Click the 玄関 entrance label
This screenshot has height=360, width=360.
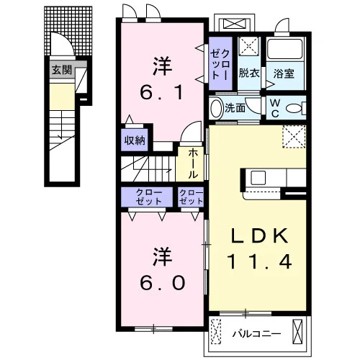(x=62, y=70)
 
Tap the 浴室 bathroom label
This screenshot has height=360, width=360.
(x=284, y=73)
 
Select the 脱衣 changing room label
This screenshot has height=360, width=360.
(x=249, y=73)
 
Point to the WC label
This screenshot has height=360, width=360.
(x=275, y=108)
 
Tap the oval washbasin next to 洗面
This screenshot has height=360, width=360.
(x=216, y=108)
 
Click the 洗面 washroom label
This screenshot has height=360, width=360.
(x=235, y=108)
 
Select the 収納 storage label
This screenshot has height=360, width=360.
(x=135, y=140)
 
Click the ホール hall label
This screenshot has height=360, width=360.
(x=193, y=163)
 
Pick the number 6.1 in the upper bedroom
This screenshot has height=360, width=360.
(x=162, y=93)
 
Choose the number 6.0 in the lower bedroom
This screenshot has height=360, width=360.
(x=163, y=282)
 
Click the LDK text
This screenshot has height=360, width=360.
(x=259, y=235)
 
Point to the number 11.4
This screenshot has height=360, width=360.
(x=261, y=261)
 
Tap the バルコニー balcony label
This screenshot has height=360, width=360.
(x=256, y=334)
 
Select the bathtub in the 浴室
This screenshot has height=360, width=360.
(x=284, y=49)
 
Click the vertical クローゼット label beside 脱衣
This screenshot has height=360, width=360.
(x=220, y=64)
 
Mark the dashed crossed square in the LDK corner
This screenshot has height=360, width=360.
(x=294, y=136)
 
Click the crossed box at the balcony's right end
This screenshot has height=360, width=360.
(x=297, y=332)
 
